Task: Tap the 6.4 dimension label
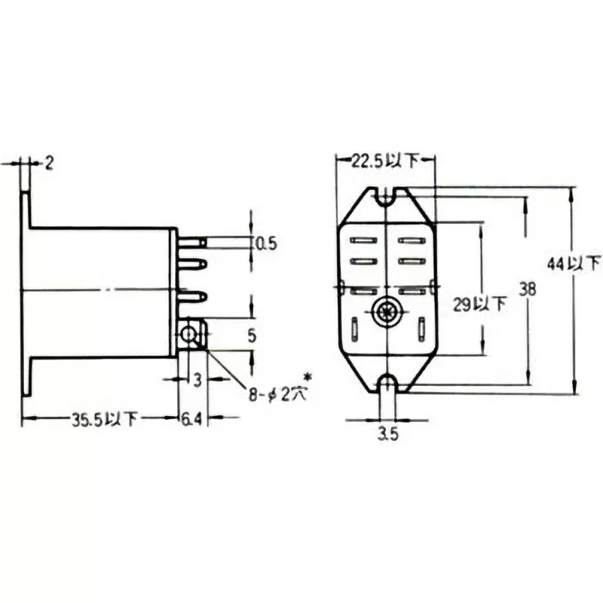click(x=192, y=420)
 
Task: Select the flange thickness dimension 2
click(x=49, y=163)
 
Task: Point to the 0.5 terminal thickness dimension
click(x=267, y=243)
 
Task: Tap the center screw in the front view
click(x=386, y=311)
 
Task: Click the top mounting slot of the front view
click(x=386, y=197)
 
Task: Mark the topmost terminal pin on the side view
click(x=193, y=242)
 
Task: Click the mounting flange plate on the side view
click(x=27, y=294)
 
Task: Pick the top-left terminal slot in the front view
click(x=363, y=240)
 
